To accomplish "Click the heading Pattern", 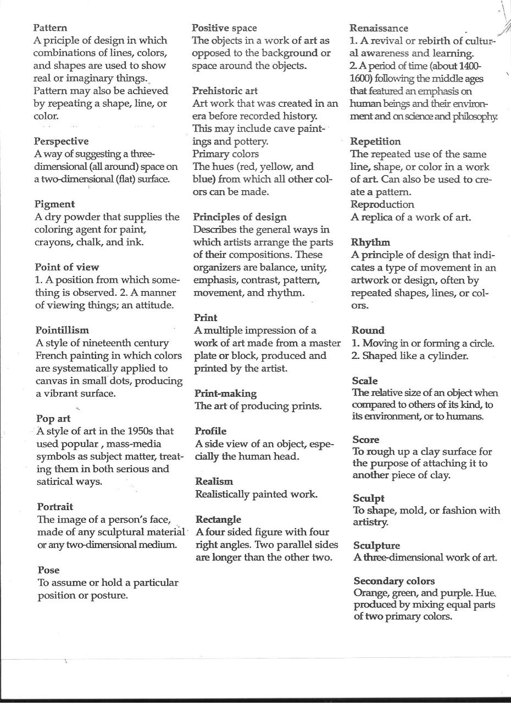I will pyautogui.click(x=50, y=27).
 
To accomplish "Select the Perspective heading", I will pyautogui.click(x=61, y=141).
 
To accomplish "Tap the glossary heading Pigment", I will pyautogui.click(x=54, y=204).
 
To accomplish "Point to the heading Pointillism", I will pyautogui.click(x=62, y=330).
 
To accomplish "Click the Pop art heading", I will pyautogui.click(x=53, y=419).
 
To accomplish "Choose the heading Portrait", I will pyautogui.click(x=55, y=506).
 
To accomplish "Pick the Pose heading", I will pyautogui.click(x=48, y=570).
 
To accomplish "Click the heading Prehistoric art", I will pyautogui.click(x=225, y=91).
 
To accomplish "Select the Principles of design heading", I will pyautogui.click(x=240, y=217).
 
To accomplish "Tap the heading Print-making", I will pyautogui.click(x=225, y=394).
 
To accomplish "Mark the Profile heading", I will pyautogui.click(x=210, y=431).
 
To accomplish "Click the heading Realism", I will pyautogui.click(x=214, y=481).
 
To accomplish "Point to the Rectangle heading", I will pyautogui.click(x=218, y=519).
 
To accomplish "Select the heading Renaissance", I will pyautogui.click(x=379, y=28).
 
